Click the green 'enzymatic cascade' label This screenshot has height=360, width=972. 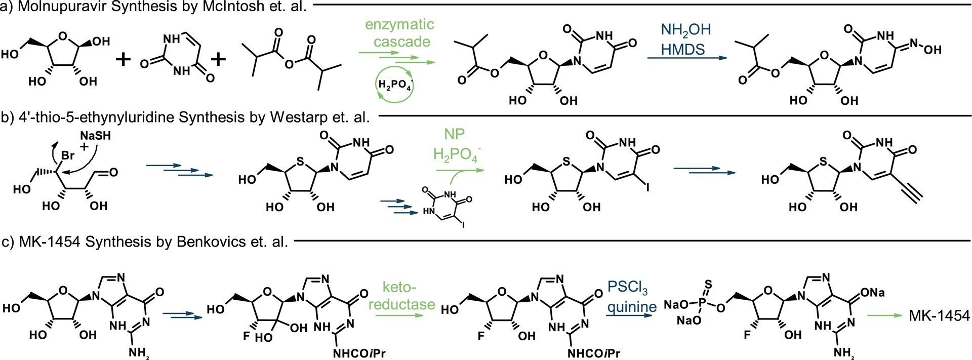pos(399,33)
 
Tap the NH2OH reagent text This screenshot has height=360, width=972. pos(686,30)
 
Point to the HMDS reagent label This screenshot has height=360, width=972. pos(683,49)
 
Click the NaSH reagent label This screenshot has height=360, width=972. pos(95,136)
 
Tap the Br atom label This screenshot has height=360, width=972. pos(67,155)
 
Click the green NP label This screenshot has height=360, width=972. pos(454,134)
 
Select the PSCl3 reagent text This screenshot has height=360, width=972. pos(627,287)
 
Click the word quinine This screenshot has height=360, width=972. pos(632,307)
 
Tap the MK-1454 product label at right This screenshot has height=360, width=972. pos(939,315)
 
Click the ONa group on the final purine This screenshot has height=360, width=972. pos(873,293)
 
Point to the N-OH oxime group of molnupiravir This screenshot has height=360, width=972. pos(925,47)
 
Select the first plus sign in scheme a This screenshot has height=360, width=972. pos(123,60)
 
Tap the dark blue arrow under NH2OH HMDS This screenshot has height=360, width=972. pos(686,58)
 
